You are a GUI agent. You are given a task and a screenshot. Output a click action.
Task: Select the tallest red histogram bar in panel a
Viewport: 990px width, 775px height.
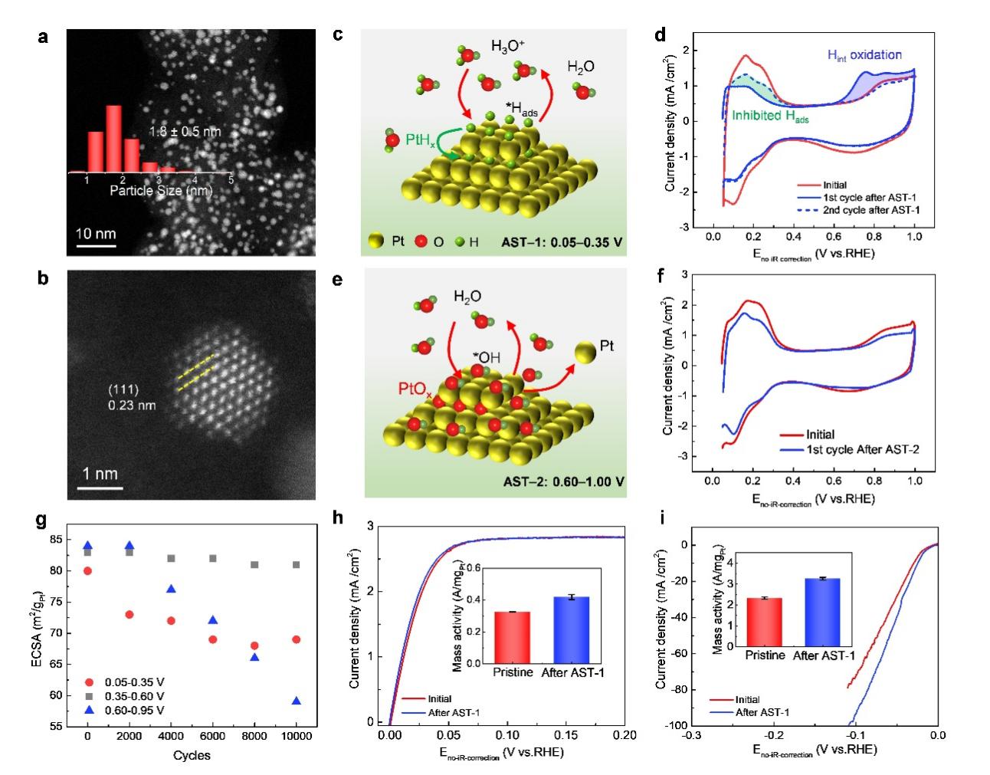(113, 139)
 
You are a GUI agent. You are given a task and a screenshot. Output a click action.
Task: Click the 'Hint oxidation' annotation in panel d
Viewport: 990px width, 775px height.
(864, 55)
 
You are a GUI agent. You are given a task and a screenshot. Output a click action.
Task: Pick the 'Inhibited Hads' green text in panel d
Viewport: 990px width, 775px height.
(770, 117)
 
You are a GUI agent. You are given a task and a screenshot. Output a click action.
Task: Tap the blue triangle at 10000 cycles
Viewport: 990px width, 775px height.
(297, 701)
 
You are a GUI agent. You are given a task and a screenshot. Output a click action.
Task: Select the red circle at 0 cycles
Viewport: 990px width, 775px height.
(88, 570)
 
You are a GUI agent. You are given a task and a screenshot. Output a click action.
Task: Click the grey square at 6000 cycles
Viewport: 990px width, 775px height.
(213, 558)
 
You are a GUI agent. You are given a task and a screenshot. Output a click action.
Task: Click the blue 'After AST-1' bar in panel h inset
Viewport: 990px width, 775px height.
(571, 629)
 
